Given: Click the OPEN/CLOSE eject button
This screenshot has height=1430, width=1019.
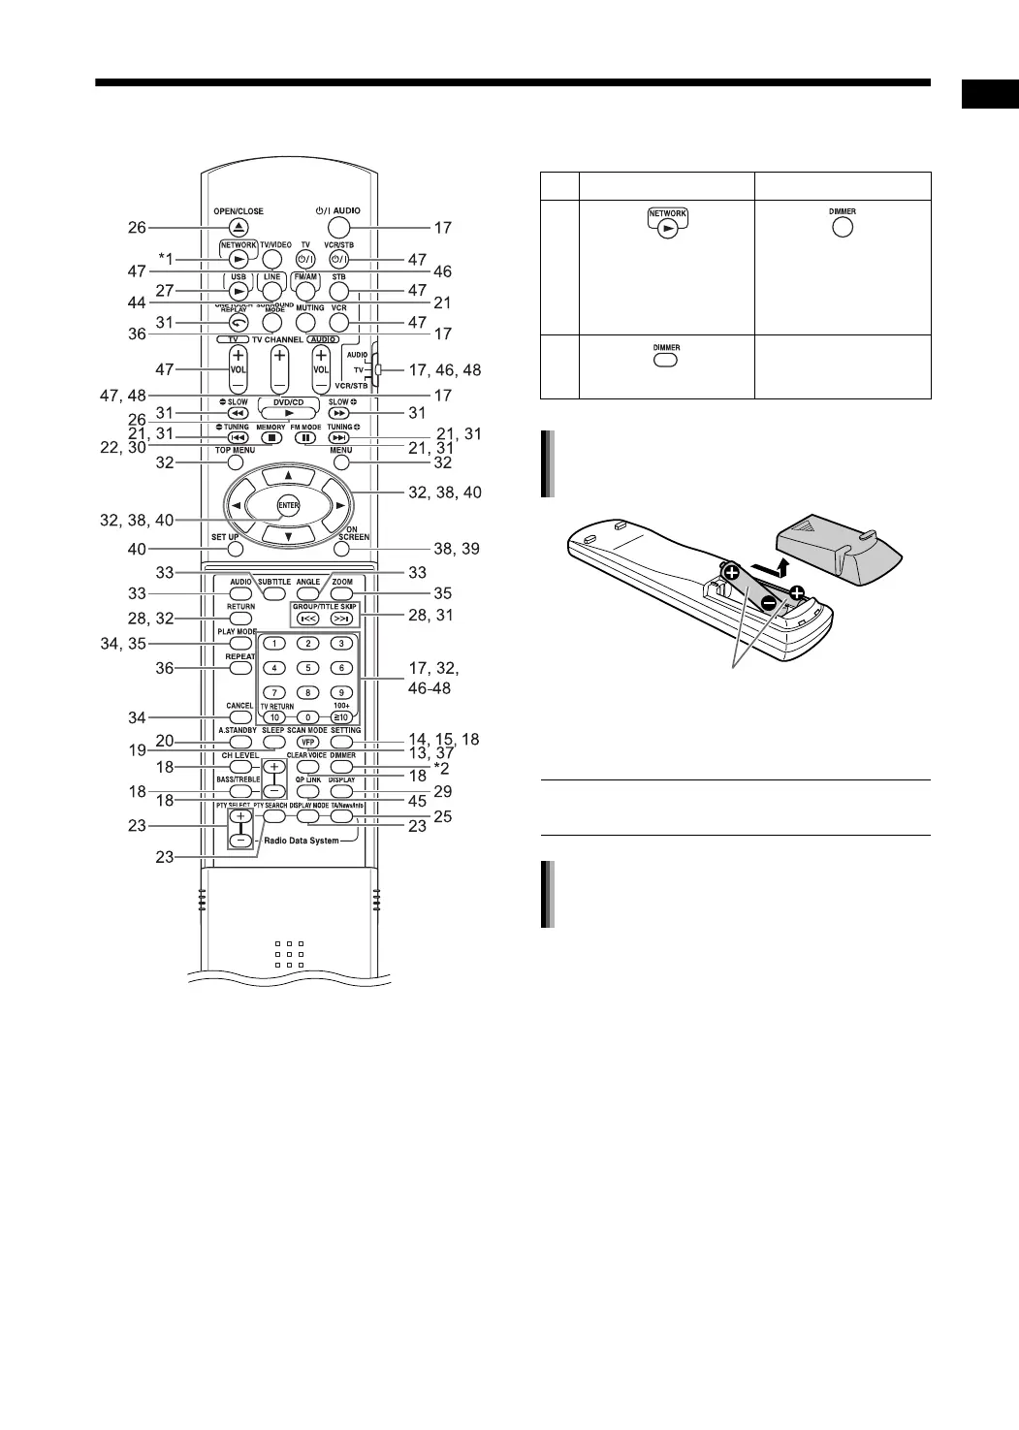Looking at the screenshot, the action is point(239,228).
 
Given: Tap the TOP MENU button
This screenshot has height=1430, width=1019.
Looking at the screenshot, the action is point(236,462).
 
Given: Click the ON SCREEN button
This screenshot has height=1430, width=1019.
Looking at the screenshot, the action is point(341,549).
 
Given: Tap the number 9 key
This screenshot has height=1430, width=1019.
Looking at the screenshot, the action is point(341,692).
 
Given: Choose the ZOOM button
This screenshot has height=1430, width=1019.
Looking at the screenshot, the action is point(341,593).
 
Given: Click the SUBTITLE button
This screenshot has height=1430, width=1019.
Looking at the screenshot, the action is point(274,593).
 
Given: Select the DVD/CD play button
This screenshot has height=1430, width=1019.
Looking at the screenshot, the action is point(288,413).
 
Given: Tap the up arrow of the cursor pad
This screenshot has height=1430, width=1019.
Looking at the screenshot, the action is point(288,475).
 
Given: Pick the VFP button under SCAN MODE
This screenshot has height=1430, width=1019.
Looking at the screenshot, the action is point(307,742).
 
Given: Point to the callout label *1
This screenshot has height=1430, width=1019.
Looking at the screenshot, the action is point(168,259).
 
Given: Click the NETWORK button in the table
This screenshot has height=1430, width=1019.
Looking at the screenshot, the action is point(667,221).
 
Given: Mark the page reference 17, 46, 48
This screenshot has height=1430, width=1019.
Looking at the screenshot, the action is point(444,369).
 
